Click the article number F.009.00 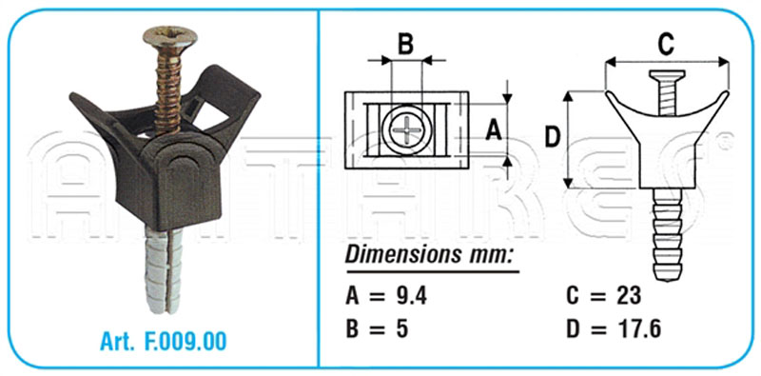tap(185, 342)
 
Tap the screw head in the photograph tap(170, 37)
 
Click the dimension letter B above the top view tap(406, 44)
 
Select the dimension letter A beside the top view tap(494, 130)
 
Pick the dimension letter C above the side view tap(667, 45)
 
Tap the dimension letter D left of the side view tap(553, 138)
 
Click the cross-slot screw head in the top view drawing tap(406, 129)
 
